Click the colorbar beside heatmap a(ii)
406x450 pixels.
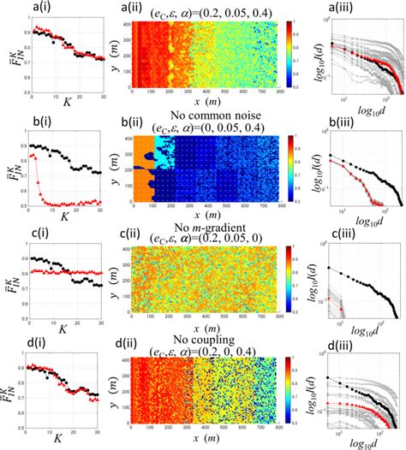point(292,56)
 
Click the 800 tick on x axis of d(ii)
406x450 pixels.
point(280,433)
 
